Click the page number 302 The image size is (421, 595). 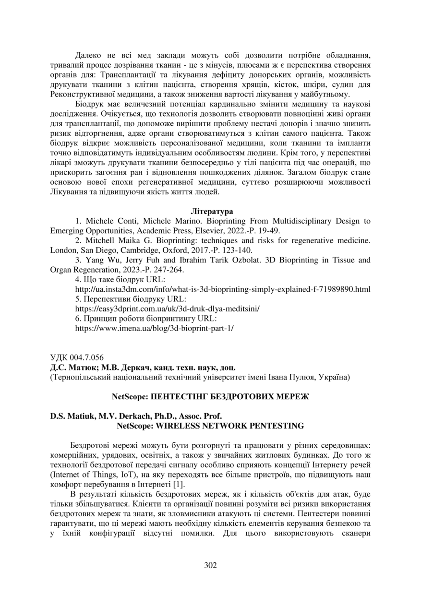click(x=210, y=565)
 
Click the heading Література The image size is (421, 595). click(x=212, y=211)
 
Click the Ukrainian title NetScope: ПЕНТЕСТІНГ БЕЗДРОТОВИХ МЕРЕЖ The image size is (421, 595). click(x=210, y=397)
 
